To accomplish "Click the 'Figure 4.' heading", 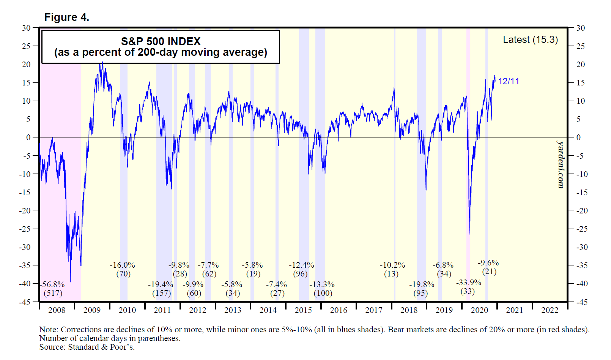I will [67, 17].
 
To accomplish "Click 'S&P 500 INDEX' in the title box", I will [161, 41].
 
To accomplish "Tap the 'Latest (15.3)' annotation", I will [530, 39].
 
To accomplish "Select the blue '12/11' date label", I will [509, 81].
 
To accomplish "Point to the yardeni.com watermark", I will [561, 164].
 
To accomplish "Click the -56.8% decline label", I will [53, 284].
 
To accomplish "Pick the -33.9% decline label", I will [468, 283].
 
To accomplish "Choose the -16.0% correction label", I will [122, 265].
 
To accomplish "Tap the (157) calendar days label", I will [161, 293].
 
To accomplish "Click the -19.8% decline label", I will [421, 284].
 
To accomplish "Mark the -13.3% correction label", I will [322, 284].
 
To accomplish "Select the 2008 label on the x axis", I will [57, 310].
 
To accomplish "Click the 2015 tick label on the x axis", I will [303, 310].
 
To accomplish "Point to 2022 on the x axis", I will [550, 310].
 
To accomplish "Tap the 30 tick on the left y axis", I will [26, 28].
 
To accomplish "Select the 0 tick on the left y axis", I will [28, 137].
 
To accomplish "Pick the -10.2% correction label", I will [392, 265].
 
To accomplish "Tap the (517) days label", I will [53, 293].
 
